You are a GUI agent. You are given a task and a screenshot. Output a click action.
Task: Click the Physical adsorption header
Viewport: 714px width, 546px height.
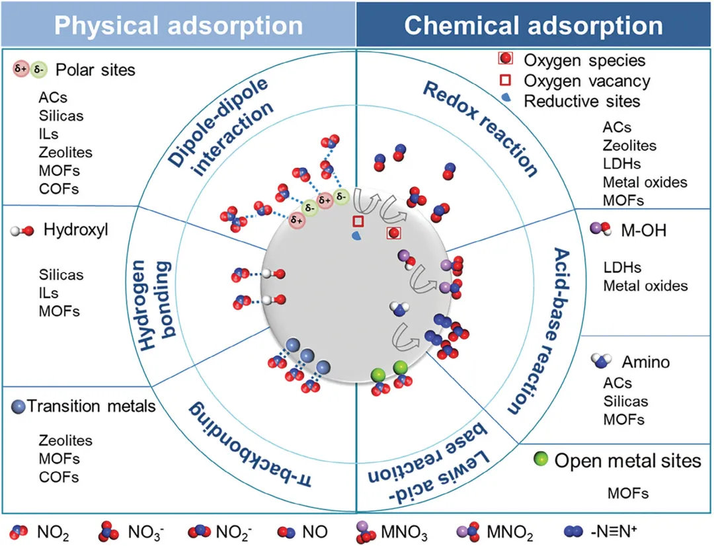[x=178, y=25]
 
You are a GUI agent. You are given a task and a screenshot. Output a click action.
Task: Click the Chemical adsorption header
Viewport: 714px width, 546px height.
[x=534, y=25]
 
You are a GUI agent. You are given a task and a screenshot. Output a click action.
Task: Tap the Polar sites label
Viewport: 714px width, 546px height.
[x=95, y=69]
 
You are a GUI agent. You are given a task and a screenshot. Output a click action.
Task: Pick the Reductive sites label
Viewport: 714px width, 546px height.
[x=582, y=101]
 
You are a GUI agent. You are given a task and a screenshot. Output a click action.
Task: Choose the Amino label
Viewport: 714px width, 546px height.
[x=645, y=362]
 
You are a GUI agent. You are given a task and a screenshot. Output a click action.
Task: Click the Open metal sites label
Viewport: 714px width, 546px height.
[x=627, y=460]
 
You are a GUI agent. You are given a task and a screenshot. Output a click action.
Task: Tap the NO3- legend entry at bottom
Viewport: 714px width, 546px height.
[x=141, y=531]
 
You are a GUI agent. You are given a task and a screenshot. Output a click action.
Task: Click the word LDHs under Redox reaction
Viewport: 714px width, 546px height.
[x=621, y=163]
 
